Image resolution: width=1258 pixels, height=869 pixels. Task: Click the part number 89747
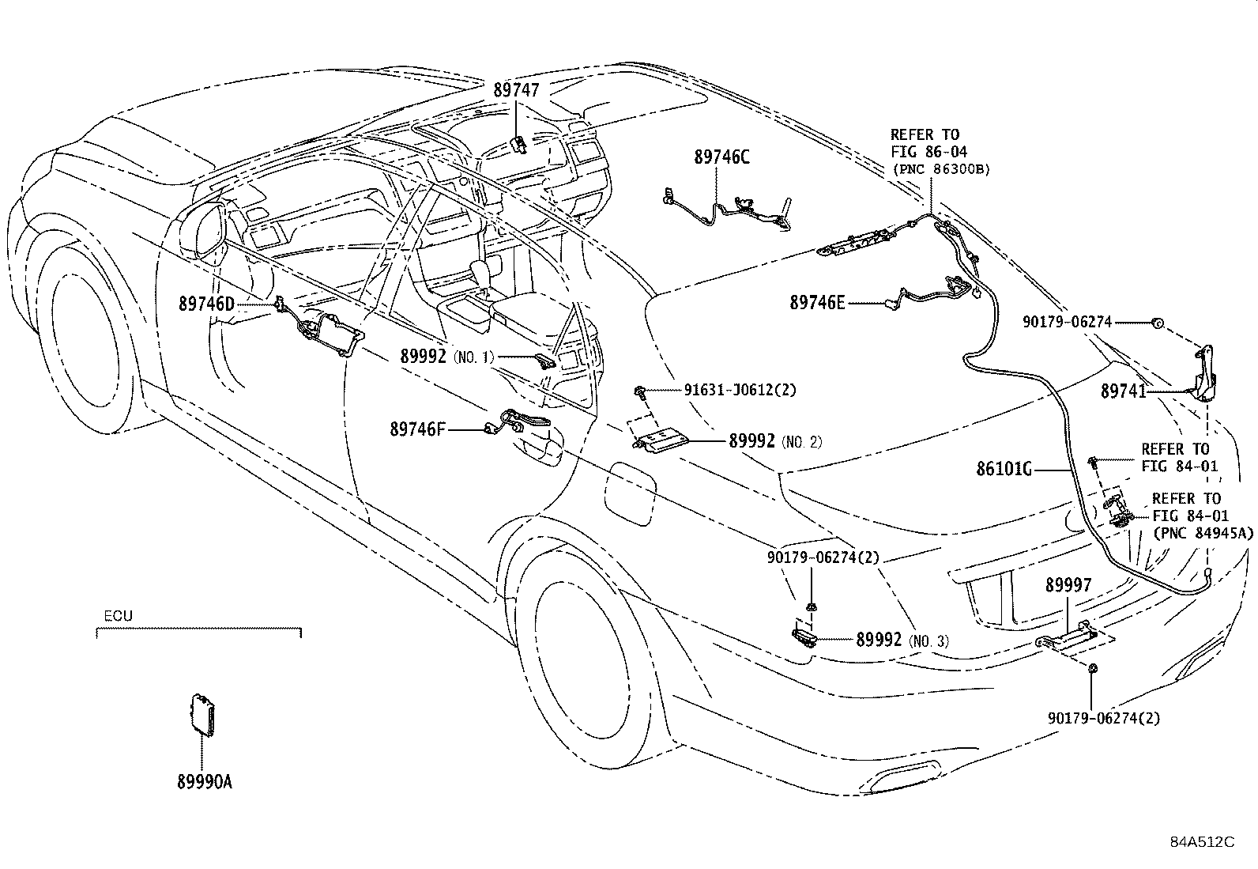click(516, 90)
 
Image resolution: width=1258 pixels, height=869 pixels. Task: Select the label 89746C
click(721, 157)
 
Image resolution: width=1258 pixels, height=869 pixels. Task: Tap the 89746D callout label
click(207, 304)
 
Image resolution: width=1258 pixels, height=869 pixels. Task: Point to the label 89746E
click(817, 303)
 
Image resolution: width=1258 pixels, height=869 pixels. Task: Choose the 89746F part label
click(417, 429)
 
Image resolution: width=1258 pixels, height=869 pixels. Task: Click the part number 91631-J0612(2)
click(740, 390)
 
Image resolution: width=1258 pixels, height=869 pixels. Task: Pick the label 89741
click(1123, 391)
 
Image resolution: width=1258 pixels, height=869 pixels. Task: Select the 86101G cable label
click(1004, 469)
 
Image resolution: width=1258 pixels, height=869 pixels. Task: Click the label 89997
click(1068, 585)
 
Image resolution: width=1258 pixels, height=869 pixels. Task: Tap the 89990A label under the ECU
click(205, 782)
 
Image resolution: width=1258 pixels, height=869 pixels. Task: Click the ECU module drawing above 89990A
click(203, 715)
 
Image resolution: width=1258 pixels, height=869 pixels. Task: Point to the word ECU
click(118, 616)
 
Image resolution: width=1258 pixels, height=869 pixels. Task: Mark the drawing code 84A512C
click(1203, 842)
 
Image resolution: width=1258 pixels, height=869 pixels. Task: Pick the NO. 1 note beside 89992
click(473, 357)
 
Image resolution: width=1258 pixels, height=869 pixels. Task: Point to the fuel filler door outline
click(630, 493)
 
